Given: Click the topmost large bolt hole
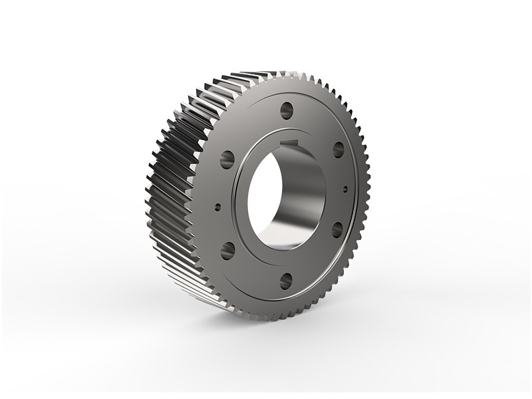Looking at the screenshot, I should point(287,109).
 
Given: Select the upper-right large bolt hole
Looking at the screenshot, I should point(338,148).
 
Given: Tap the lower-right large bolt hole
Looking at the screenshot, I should point(337,229).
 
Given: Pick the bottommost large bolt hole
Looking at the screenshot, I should point(286,279).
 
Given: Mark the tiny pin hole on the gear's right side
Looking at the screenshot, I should point(345,189).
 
